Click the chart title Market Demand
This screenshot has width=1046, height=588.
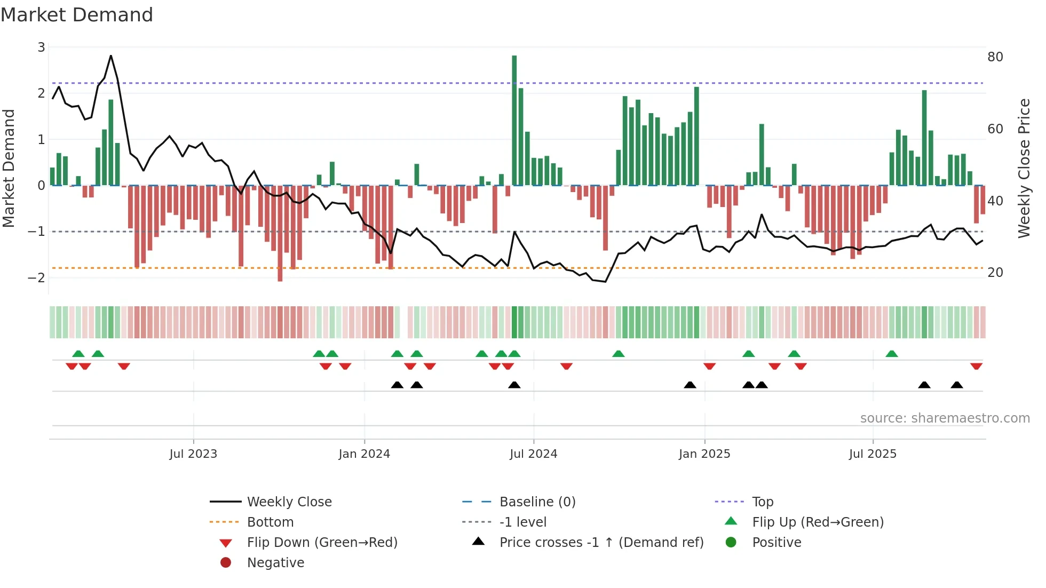click(77, 14)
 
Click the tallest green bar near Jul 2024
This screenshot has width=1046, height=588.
click(514, 120)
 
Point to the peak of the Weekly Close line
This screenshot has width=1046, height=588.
click(110, 56)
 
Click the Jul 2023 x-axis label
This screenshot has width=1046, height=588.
click(193, 454)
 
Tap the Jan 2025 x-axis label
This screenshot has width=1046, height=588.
click(704, 454)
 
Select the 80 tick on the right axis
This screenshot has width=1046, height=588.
click(995, 57)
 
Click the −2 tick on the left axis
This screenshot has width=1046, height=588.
click(37, 277)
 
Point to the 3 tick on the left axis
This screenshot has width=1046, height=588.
click(41, 47)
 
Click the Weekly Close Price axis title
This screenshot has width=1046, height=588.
click(1024, 168)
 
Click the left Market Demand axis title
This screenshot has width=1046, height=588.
click(9, 168)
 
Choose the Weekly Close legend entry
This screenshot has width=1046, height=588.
click(289, 502)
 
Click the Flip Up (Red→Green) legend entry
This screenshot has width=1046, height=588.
click(817, 522)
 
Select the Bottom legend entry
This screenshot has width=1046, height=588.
click(270, 522)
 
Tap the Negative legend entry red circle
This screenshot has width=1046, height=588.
click(226, 563)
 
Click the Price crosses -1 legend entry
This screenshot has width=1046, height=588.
click(601, 543)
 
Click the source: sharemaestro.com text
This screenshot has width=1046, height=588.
click(945, 418)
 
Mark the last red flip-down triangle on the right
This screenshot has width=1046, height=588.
click(976, 366)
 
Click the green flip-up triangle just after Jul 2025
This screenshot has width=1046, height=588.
click(891, 354)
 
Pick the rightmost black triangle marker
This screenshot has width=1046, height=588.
click(956, 385)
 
